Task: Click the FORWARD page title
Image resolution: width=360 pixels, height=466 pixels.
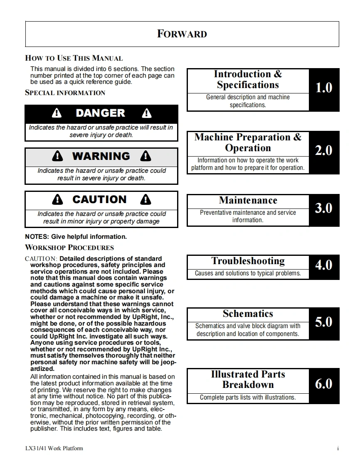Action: coord(182,34)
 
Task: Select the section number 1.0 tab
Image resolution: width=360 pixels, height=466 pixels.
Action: coord(324,88)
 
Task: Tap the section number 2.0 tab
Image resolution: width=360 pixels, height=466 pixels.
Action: coord(324,151)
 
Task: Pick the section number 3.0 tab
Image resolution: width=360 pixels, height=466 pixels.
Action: coord(324,208)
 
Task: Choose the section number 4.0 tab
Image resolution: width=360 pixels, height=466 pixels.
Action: coord(324,265)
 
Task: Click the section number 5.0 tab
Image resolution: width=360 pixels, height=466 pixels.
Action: coord(324,322)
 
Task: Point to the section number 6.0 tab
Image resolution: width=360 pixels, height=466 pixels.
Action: coord(324,384)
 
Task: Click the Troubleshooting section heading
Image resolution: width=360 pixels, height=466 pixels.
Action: coord(248,261)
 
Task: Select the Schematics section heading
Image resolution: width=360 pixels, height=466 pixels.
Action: coord(248,314)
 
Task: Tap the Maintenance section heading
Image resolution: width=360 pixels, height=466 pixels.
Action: coord(248,201)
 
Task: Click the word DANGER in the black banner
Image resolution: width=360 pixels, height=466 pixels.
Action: coord(101,113)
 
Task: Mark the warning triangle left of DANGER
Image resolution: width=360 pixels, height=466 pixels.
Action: coord(57,113)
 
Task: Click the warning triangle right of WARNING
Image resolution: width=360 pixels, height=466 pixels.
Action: coord(145,156)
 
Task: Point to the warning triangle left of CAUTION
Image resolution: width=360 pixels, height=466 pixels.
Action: coord(58,200)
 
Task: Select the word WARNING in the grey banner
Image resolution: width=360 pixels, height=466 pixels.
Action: coord(101,156)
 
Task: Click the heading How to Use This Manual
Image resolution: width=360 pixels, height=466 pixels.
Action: coord(74,58)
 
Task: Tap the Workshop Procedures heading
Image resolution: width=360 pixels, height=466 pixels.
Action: coord(69,248)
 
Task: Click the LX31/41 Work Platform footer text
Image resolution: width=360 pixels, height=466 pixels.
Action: coord(54,448)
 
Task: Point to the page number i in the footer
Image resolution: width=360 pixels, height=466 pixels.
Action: coord(338,448)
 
